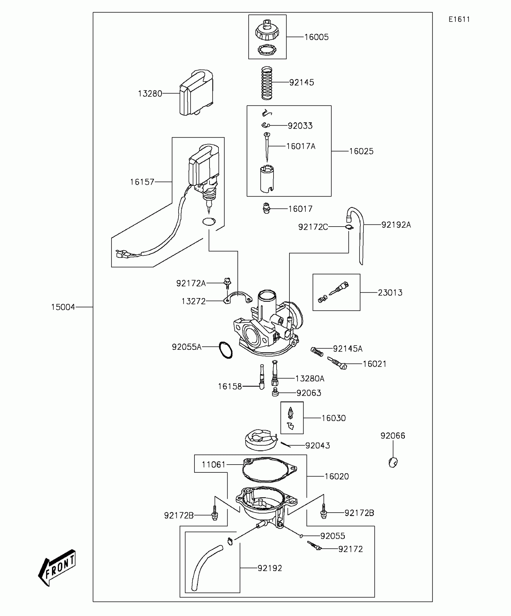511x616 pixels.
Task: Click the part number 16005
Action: click(x=317, y=37)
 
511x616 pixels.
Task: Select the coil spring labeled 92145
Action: click(x=267, y=83)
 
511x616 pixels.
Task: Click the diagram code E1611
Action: click(x=459, y=20)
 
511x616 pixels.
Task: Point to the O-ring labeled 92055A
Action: click(x=226, y=350)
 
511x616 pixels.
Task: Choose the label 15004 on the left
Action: click(x=63, y=307)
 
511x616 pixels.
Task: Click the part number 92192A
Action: click(x=396, y=225)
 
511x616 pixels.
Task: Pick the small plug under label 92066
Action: click(x=393, y=462)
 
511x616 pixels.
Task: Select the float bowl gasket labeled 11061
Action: click(x=269, y=470)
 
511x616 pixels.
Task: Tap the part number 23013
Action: click(x=390, y=293)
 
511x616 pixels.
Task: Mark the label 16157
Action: click(x=142, y=182)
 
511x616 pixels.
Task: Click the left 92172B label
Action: click(x=179, y=516)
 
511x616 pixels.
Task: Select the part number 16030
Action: click(x=334, y=418)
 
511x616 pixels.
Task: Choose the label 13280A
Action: click(x=310, y=379)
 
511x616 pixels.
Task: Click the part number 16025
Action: click(x=361, y=151)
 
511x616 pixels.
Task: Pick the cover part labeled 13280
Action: click(x=196, y=93)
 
